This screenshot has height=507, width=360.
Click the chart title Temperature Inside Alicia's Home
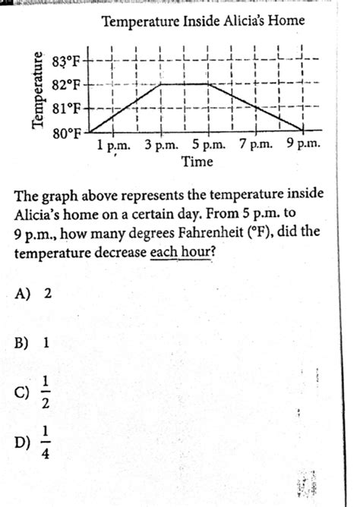pos(203,21)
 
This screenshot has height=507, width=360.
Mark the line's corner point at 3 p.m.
pos(160,83)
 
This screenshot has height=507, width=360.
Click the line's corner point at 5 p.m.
pos(208,83)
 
